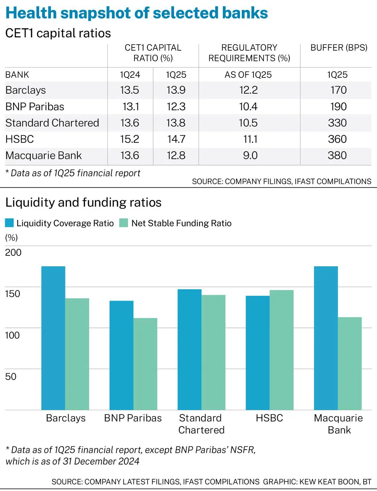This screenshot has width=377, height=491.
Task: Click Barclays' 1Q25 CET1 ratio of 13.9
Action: (176, 90)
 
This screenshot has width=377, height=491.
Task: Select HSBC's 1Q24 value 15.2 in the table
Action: (130, 139)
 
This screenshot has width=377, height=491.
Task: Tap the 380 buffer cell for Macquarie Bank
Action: (337, 155)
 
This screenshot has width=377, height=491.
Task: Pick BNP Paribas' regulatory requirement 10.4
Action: (248, 107)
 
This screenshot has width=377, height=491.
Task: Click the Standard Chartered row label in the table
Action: (52, 123)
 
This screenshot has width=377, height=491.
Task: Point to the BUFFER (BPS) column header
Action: (339, 48)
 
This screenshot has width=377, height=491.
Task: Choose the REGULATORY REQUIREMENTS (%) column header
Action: (249, 53)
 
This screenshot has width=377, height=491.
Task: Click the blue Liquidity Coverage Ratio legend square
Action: (10, 223)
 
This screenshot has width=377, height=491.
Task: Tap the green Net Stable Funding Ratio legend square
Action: (124, 223)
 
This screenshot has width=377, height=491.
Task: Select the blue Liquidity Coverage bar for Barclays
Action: (53, 338)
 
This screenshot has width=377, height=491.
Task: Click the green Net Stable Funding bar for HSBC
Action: (281, 350)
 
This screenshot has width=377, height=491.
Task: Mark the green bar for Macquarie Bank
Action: (350, 363)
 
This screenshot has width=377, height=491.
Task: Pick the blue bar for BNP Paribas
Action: (121, 355)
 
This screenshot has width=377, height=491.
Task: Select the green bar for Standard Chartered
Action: (213, 352)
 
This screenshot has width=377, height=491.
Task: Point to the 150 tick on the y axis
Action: (13, 294)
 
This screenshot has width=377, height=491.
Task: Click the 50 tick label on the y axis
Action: (11, 377)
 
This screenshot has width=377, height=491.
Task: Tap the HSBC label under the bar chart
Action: (269, 418)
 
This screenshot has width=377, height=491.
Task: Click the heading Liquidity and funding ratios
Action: (83, 202)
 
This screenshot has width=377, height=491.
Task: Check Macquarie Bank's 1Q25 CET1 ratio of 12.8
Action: (176, 155)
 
